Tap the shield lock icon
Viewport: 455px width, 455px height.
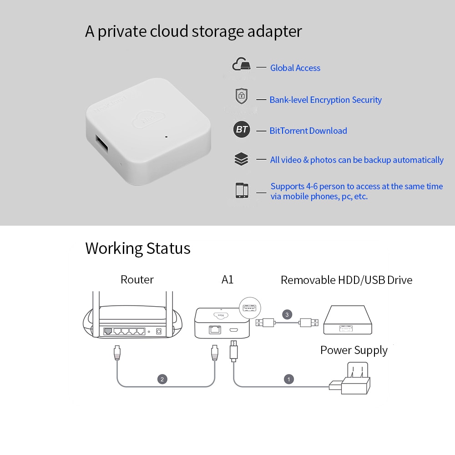pos(241,96)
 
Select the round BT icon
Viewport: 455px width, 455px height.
pos(242,130)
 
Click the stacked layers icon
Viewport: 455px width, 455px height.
pos(241,159)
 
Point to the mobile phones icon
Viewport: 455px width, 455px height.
pos(242,190)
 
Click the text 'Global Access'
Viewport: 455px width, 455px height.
pos(295,68)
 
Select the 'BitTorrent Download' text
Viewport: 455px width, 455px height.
pos(308,131)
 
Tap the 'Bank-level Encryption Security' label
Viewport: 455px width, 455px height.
pos(325,100)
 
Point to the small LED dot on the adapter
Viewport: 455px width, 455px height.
pos(166,136)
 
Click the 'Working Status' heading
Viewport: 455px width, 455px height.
pos(137,248)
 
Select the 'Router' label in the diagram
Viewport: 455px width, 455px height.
pos(137,279)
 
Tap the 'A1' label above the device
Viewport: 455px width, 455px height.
pos(227,279)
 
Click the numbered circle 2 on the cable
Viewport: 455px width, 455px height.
pos(162,379)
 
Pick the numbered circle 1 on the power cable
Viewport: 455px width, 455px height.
pos(288,379)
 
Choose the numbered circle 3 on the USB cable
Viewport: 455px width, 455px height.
pos(286,314)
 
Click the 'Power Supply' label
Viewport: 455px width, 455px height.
pos(354,350)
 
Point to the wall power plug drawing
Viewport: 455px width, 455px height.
pos(354,380)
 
